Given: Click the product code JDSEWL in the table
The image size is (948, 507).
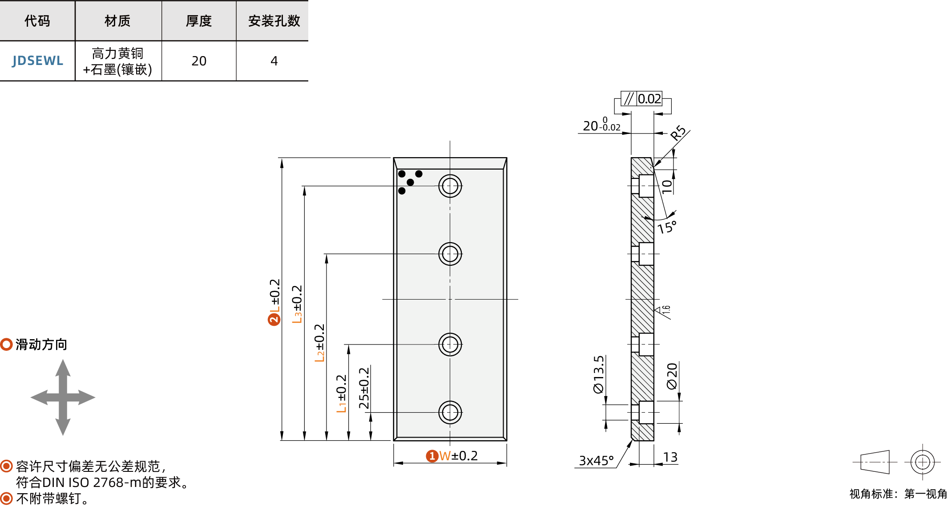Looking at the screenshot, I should (37, 61).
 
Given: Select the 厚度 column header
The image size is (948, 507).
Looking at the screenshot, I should (198, 21).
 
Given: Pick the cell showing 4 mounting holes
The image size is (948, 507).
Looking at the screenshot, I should (274, 61).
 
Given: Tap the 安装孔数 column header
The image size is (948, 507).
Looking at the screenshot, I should (274, 21).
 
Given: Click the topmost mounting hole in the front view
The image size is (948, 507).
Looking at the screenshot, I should (450, 186).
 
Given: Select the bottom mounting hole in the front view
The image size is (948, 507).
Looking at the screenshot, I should (450, 412).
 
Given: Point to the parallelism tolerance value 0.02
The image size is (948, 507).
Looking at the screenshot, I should (649, 99).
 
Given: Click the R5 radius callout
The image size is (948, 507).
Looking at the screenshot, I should (678, 133).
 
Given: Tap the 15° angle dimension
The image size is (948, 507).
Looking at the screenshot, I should (667, 227).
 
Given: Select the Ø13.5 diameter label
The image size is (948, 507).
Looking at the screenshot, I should (599, 374).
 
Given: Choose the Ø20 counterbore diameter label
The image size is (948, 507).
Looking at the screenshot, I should (672, 376).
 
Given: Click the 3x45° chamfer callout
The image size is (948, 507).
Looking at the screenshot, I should (596, 460).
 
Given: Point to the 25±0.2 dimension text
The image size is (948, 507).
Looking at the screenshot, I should (364, 388).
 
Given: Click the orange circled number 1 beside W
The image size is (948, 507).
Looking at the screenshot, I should (432, 456).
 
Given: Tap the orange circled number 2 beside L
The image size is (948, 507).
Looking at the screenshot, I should (274, 319).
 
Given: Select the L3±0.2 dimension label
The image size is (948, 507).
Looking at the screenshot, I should (297, 304).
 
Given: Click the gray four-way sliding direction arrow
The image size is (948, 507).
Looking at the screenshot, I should (63, 397).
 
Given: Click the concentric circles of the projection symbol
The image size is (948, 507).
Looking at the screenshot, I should (922, 462).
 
